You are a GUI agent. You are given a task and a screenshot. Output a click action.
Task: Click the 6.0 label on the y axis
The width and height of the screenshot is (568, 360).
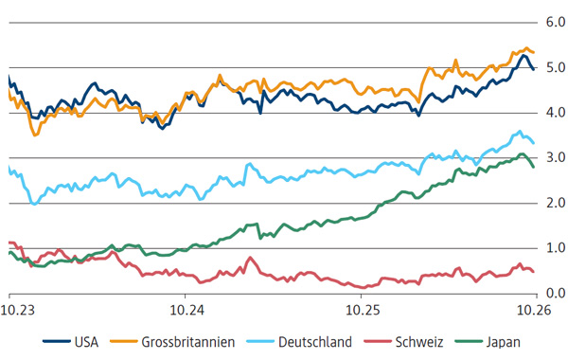click(x=556, y=23)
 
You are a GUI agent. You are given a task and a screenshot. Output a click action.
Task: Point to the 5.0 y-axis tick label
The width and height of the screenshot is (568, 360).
click(x=556, y=67)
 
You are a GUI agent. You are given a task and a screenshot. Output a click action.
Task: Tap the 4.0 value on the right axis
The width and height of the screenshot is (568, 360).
click(x=556, y=113)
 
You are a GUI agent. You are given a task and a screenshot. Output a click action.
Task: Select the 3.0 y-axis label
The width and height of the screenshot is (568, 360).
click(x=556, y=157)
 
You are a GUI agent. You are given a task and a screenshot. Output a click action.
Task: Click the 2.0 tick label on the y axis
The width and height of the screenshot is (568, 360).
click(x=556, y=203)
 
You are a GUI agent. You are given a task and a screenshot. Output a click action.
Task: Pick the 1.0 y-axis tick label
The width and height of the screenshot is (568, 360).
click(x=556, y=248)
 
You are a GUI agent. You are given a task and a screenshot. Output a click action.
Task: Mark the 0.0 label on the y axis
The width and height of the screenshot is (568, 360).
click(x=556, y=293)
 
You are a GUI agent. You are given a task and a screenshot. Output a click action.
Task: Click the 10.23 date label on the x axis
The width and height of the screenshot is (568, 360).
click(x=18, y=311)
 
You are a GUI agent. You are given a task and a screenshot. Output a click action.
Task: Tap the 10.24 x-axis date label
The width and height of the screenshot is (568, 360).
click(x=186, y=311)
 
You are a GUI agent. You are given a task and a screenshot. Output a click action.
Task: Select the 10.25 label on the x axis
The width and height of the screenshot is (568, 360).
click(x=363, y=311)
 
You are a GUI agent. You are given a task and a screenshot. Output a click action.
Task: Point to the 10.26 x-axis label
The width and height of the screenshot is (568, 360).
click(x=534, y=311)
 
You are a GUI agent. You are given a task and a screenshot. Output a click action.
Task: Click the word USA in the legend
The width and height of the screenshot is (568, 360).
click(x=86, y=342)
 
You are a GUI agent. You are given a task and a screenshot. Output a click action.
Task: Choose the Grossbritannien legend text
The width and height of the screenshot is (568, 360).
click(x=188, y=342)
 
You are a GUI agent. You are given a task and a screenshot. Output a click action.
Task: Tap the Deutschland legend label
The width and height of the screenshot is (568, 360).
click(x=315, y=342)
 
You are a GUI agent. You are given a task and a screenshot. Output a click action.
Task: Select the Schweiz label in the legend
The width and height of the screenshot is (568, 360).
click(x=419, y=342)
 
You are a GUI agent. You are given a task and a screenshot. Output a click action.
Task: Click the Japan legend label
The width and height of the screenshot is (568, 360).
click(x=504, y=343)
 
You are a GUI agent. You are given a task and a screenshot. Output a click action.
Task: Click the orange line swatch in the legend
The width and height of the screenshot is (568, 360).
click(x=123, y=341)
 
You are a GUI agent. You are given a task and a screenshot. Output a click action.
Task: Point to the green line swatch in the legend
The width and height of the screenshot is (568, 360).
click(x=469, y=341)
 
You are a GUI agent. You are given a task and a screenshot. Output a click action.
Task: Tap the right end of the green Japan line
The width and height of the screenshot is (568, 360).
click(x=533, y=167)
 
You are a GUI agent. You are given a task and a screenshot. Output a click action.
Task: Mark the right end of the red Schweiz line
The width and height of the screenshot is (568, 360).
click(x=533, y=272)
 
